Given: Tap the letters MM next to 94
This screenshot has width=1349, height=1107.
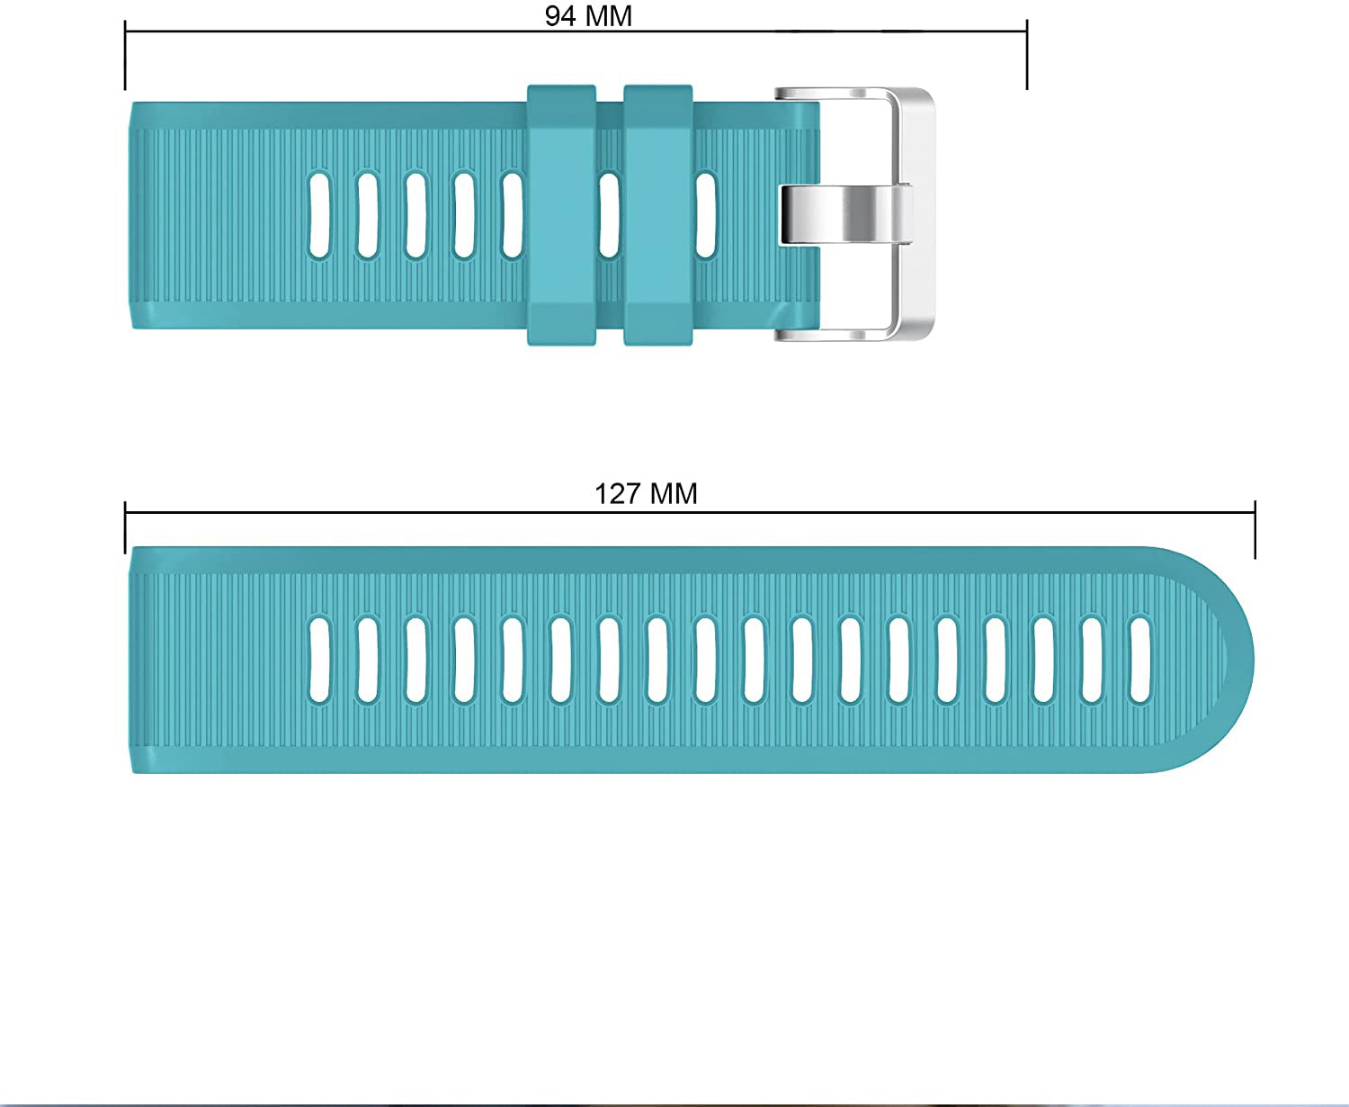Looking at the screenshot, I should pos(607,16).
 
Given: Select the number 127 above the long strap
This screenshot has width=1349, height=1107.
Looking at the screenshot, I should pos(617,494).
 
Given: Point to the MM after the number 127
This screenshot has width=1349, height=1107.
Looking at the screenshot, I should pos(674,494).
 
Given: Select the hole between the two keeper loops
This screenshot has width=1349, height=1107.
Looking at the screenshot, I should pos(610,215).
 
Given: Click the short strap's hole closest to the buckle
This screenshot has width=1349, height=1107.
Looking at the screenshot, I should pos(706,215).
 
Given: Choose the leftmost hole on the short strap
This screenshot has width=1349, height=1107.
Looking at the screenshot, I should pos(319,215).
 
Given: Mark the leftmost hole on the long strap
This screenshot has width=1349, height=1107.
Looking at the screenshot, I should pos(319,660).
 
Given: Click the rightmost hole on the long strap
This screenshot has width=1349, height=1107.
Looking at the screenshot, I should pos(1140,660).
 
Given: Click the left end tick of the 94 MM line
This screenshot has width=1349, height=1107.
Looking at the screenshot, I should pos(125,54).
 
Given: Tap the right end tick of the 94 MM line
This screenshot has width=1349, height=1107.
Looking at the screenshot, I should pos(1027,54).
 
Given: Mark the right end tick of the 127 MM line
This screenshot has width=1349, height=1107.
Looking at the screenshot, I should pos(1255,531).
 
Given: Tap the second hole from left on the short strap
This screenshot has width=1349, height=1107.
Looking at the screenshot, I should pos(367,215).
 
